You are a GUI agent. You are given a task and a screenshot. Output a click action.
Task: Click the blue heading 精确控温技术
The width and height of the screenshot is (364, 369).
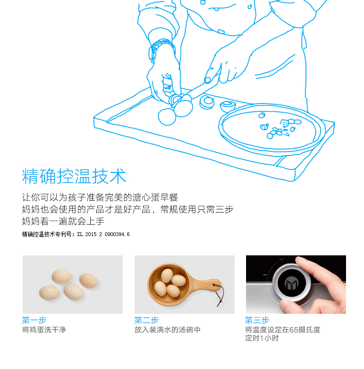[x=74, y=176]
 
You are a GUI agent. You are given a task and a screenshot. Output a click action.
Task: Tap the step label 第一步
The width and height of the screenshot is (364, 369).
[x=34, y=320]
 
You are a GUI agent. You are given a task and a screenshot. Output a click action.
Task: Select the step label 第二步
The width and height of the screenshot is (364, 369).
[x=147, y=320]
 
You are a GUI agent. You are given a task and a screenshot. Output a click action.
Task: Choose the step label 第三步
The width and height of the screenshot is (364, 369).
[x=257, y=320]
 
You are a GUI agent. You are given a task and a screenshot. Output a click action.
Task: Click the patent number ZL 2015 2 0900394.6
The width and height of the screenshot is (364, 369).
[x=103, y=234]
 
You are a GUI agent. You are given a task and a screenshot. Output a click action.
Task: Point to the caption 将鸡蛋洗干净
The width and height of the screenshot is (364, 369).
[x=44, y=330]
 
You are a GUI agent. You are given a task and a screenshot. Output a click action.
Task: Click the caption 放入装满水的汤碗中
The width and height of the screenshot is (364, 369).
[x=167, y=330]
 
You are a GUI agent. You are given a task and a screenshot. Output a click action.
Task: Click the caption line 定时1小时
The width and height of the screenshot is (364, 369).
[x=262, y=338]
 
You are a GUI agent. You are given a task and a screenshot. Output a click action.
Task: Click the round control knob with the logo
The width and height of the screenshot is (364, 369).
[x=292, y=283]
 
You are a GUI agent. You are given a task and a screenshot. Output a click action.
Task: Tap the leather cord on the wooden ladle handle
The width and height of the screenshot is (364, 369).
[x=220, y=295]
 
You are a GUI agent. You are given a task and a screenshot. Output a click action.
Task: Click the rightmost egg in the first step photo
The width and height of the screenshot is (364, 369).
[x=88, y=281]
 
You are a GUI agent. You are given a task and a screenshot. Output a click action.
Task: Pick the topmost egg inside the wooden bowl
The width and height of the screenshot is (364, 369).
[x=167, y=275]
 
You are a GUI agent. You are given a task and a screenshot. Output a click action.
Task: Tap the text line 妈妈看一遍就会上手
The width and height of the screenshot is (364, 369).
[x=63, y=221]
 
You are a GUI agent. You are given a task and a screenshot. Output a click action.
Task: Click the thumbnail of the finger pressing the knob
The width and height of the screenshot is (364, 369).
[x=296, y=284]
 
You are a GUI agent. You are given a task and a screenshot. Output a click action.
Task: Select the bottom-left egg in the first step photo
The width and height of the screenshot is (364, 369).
[x=49, y=293]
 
